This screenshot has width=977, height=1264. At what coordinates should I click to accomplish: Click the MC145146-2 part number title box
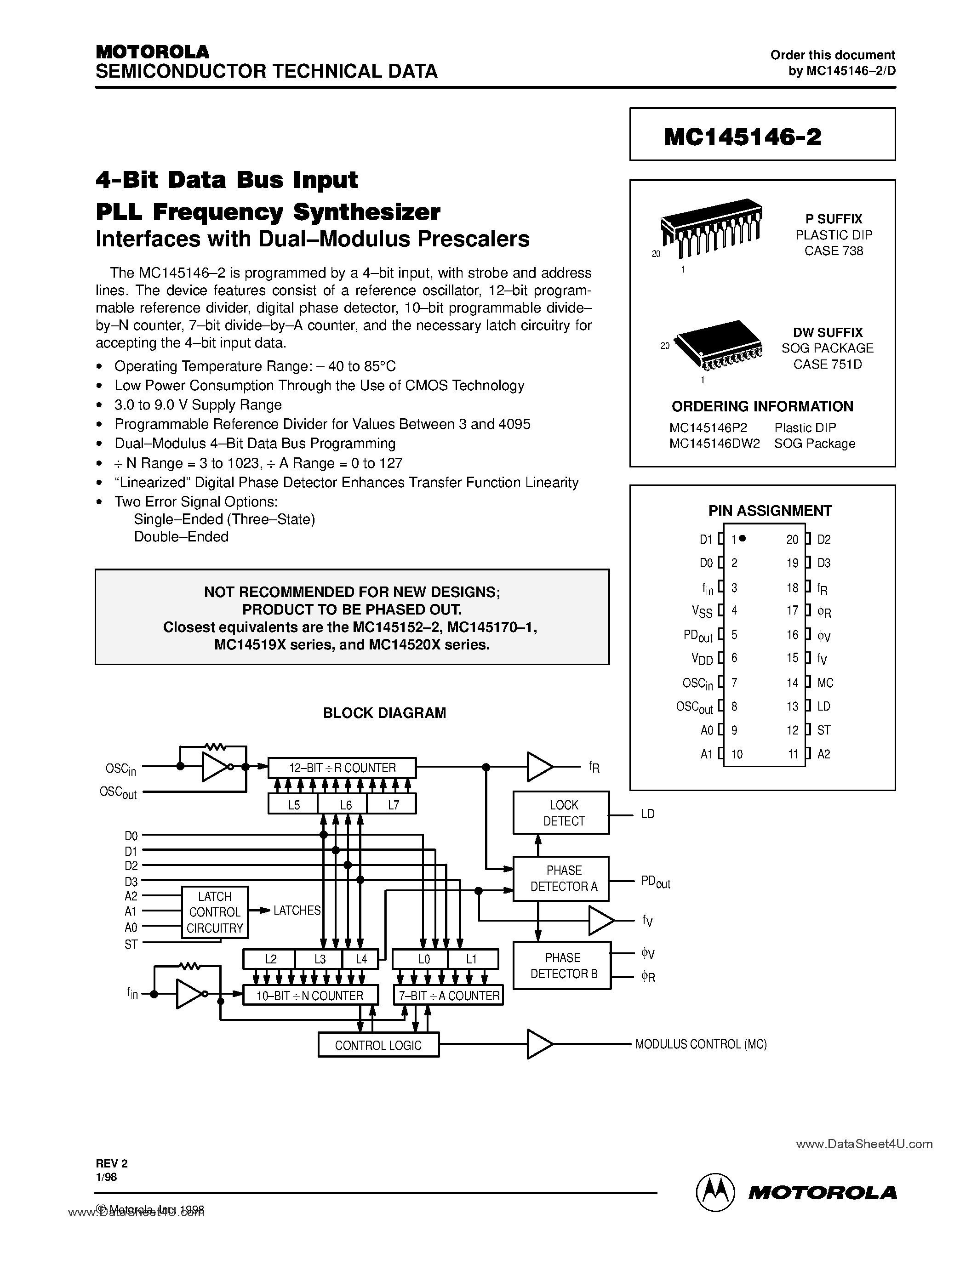tap(762, 134)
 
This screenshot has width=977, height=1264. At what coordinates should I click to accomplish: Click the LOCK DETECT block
tap(561, 813)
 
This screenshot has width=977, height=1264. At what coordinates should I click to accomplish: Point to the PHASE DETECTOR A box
tap(561, 878)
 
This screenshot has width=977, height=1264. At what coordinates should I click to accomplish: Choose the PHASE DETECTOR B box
tap(561, 965)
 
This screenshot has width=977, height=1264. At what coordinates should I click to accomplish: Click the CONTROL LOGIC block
tap(378, 1045)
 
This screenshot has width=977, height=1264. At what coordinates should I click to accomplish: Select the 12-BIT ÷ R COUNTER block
tap(342, 768)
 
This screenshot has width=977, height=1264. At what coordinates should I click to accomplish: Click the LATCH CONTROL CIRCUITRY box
tap(215, 912)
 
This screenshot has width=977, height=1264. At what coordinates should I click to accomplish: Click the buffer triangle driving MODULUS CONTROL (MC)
tap(539, 1044)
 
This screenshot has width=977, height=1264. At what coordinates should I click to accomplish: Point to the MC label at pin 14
tap(825, 683)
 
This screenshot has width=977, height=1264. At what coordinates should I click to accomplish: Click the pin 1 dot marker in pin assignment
tap(743, 538)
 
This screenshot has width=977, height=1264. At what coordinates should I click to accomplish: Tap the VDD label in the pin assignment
tap(702, 659)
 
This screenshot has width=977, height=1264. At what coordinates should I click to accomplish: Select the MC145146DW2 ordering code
tap(714, 444)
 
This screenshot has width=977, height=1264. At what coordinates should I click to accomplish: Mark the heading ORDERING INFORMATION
tap(762, 406)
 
